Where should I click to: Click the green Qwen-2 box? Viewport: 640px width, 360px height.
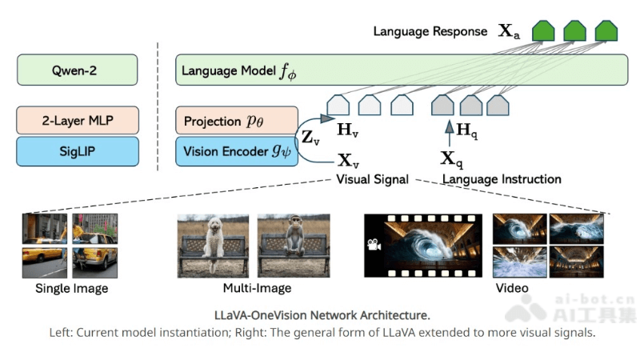78,70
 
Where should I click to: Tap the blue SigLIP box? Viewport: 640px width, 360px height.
78,150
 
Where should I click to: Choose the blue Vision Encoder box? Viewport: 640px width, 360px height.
236,151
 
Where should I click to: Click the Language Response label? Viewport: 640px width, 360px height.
430,32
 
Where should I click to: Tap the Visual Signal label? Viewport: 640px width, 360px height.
372,179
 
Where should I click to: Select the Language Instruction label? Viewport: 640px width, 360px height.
502,179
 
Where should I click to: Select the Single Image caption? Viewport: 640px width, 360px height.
71,288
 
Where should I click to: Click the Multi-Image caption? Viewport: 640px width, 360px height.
257,288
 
